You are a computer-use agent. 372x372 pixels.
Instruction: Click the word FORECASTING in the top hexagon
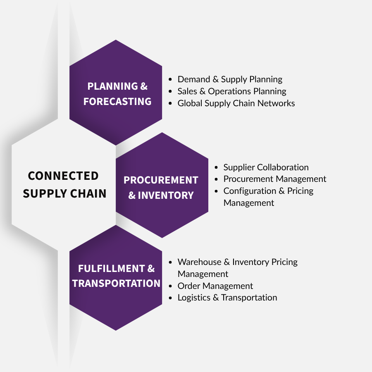click(x=117, y=102)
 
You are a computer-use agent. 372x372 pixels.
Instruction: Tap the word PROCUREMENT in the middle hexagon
click(x=161, y=180)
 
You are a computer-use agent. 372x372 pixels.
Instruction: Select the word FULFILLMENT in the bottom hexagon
click(x=112, y=269)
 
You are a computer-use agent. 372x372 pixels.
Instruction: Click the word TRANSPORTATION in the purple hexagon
click(x=116, y=283)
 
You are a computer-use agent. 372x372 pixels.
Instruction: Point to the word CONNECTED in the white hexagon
click(x=63, y=176)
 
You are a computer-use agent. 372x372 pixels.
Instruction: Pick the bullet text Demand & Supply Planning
click(x=230, y=79)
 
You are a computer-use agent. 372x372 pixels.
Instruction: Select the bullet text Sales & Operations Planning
click(x=232, y=91)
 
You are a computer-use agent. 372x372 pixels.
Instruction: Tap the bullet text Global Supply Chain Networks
click(x=236, y=103)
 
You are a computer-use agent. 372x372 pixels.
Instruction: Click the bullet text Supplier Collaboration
click(x=266, y=167)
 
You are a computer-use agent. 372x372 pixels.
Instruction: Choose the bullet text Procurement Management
click(x=275, y=179)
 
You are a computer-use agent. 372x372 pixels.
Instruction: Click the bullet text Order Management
click(x=215, y=286)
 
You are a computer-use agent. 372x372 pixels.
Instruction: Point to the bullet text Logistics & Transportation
click(x=227, y=298)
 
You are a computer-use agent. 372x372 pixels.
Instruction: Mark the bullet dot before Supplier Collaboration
click(x=216, y=167)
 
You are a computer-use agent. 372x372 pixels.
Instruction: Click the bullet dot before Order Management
click(x=170, y=286)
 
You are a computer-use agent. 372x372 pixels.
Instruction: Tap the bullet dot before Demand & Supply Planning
click(x=170, y=79)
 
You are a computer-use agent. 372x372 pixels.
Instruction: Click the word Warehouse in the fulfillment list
click(x=199, y=262)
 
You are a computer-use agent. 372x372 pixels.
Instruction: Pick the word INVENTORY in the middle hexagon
click(x=166, y=195)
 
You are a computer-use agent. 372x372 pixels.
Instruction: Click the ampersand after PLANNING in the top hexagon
click(x=144, y=86)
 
